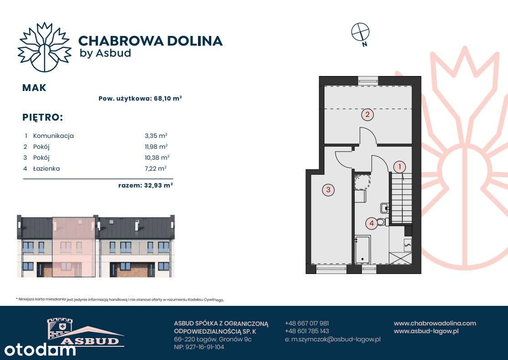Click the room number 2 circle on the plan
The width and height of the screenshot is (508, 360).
pyautogui.click(x=367, y=114)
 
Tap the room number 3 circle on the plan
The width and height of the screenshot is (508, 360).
pyautogui.click(x=328, y=190)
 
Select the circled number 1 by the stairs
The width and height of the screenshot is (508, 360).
pyautogui.click(x=399, y=167)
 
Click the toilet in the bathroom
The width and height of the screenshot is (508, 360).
pyautogui.click(x=382, y=222)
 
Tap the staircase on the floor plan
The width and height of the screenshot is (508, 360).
pyautogui.click(x=401, y=198)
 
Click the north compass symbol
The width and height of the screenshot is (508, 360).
pyautogui.click(x=361, y=32)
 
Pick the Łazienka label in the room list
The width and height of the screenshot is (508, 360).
pyautogui.click(x=46, y=168)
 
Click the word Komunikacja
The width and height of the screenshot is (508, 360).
pyautogui.click(x=53, y=136)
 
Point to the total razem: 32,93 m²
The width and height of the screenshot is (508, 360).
pyautogui.click(x=145, y=185)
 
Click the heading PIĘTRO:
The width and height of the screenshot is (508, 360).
pyautogui.click(x=42, y=117)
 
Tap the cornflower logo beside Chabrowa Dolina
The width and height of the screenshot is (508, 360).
pyautogui.click(x=44, y=47)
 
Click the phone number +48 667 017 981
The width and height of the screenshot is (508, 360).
pyautogui.click(x=307, y=323)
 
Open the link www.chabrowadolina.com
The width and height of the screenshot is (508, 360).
pyautogui.click(x=435, y=323)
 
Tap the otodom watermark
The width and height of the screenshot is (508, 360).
pyautogui.click(x=40, y=350)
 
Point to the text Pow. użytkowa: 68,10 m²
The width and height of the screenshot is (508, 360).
pyautogui.click(x=140, y=98)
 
